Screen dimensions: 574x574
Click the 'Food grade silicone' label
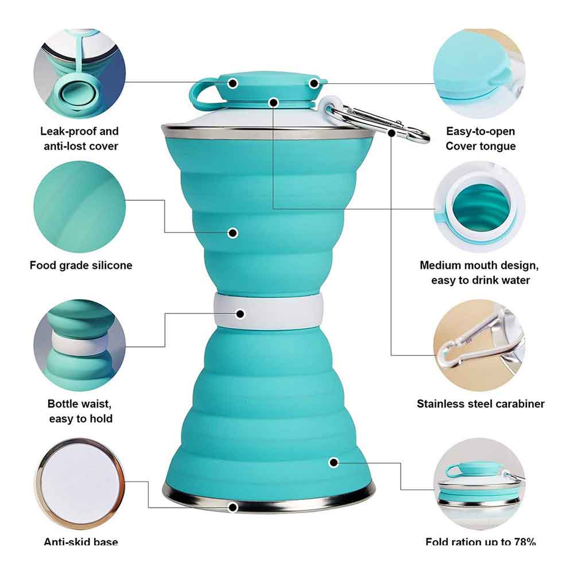point(81,265)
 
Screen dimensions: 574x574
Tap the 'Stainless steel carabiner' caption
point(480,404)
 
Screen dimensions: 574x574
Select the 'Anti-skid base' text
point(81,542)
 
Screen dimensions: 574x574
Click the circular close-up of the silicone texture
point(79,207)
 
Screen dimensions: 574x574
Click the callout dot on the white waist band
point(240,314)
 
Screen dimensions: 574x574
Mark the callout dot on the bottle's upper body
point(232,232)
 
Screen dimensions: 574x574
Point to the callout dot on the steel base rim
point(232,507)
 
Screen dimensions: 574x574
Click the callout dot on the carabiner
point(391,133)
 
